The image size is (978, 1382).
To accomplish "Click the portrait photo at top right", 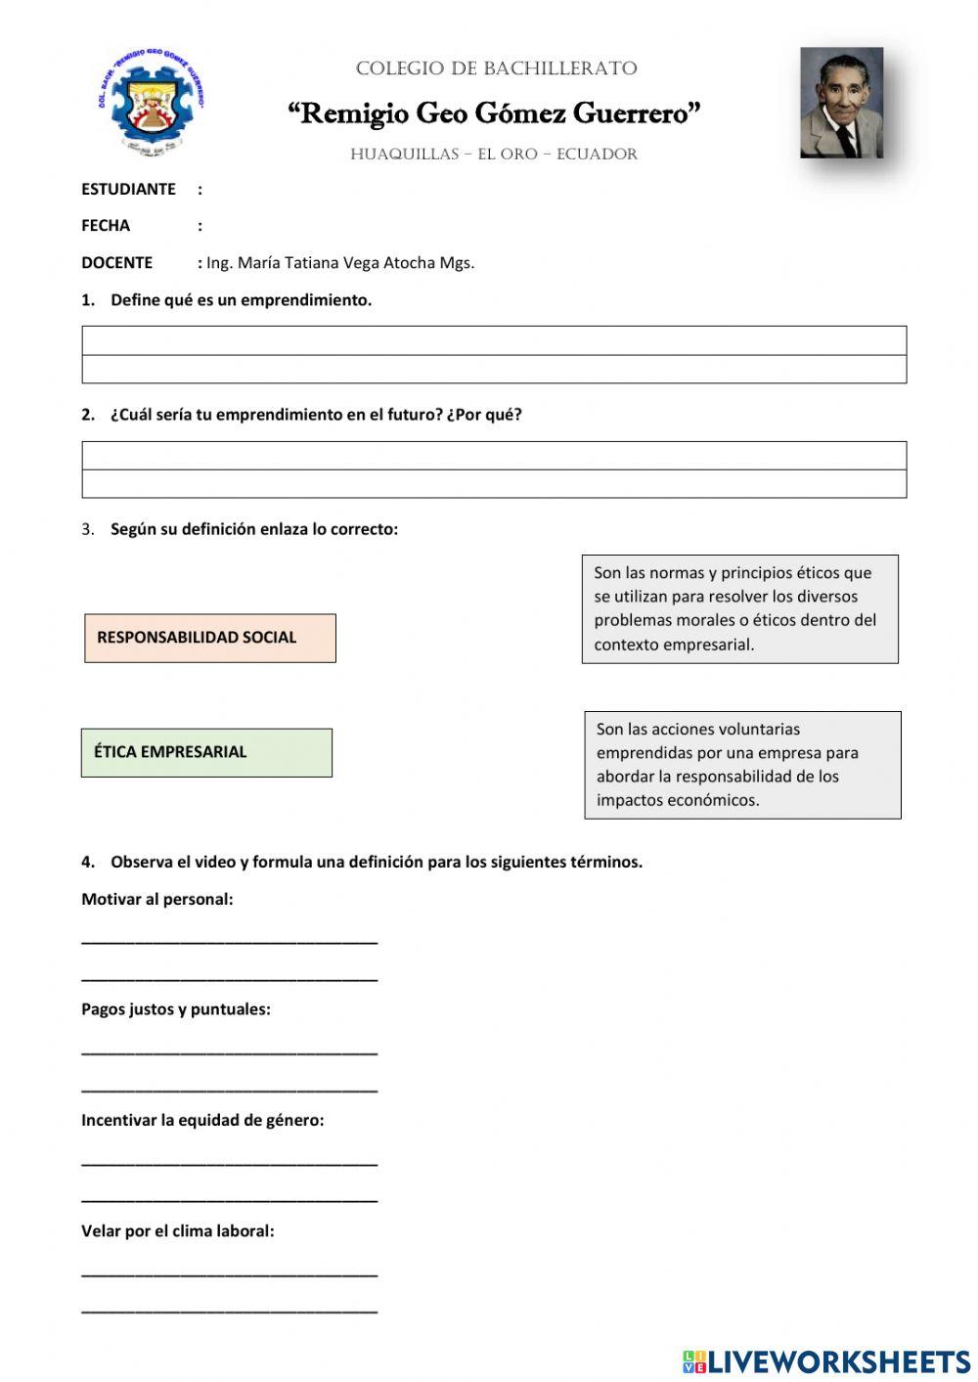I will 841,103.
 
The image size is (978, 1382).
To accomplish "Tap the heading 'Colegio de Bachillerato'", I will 496,68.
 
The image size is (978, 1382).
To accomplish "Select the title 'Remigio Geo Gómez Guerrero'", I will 494,113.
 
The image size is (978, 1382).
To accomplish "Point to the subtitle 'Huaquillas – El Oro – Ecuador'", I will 494,155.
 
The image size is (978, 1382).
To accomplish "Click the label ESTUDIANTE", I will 128,189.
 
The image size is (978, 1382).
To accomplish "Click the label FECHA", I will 106,226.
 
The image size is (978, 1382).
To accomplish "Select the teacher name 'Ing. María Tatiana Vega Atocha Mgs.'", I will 340,263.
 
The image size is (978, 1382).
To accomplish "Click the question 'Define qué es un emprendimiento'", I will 241,300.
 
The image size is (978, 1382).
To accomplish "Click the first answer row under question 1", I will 494,340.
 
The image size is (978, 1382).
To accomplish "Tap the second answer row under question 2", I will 494,484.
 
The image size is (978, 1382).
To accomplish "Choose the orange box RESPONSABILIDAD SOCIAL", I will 210,638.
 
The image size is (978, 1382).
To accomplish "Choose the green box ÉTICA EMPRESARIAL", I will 206,752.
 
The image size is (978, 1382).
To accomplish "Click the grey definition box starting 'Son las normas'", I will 739,609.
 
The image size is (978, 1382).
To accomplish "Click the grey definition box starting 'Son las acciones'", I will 742,765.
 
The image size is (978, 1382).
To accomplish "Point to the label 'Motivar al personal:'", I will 157,900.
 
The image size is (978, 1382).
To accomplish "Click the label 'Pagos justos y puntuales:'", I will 176,1009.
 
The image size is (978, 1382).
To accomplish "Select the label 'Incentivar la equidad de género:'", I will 202,1121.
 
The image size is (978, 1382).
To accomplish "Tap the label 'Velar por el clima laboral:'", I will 178,1231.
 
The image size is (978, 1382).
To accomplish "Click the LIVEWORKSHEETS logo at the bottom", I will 826,1361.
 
